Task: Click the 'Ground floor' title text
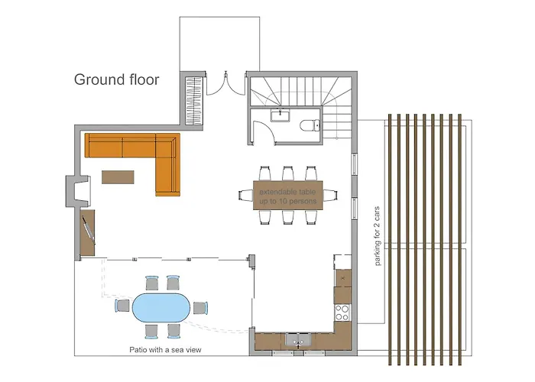[116, 79]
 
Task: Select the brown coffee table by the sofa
[118, 176]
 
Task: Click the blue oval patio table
[162, 308]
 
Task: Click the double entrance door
[225, 84]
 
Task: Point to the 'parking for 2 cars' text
[378, 236]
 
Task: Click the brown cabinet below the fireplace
[88, 234]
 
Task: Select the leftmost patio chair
[122, 306]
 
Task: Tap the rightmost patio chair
[201, 308]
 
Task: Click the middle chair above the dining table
[289, 173]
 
